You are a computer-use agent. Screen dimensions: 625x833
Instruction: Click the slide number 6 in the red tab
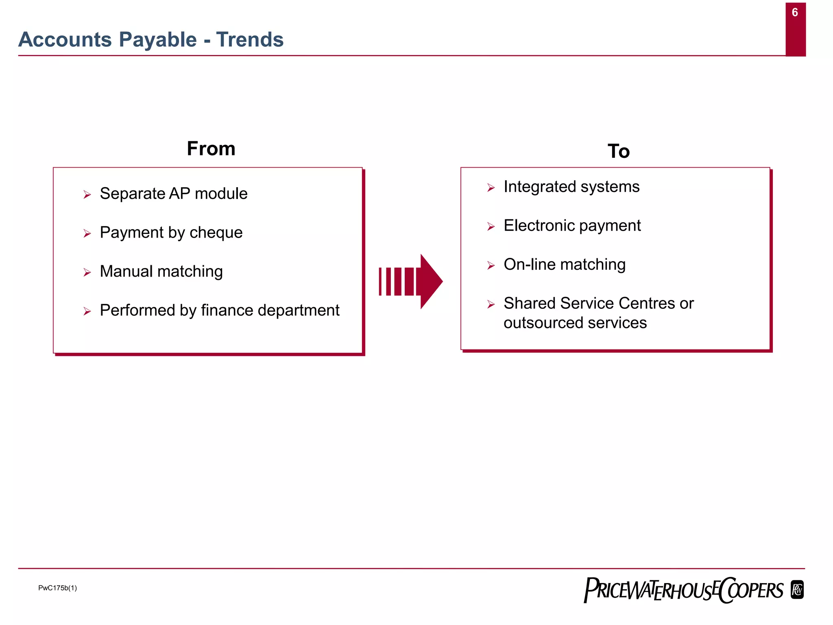click(x=795, y=13)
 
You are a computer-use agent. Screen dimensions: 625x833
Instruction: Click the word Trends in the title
click(x=250, y=40)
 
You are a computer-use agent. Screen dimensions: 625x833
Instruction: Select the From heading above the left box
click(x=211, y=149)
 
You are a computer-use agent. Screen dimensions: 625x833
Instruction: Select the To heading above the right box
click(x=618, y=151)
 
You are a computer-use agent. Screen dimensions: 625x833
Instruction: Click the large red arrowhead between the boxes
click(x=430, y=281)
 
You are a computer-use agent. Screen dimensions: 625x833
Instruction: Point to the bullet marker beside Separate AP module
click(x=87, y=194)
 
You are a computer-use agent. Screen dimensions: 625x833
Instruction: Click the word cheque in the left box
click(x=216, y=233)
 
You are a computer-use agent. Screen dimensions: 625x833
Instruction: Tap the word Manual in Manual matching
click(x=126, y=271)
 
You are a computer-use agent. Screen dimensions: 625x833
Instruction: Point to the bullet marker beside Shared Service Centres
click(x=491, y=304)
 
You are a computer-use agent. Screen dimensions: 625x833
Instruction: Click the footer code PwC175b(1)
click(x=57, y=588)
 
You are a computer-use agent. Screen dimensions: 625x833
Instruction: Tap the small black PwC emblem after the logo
click(x=797, y=590)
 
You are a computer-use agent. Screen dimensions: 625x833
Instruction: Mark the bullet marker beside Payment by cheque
click(x=87, y=234)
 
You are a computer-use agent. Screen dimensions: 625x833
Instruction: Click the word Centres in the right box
click(x=643, y=304)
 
